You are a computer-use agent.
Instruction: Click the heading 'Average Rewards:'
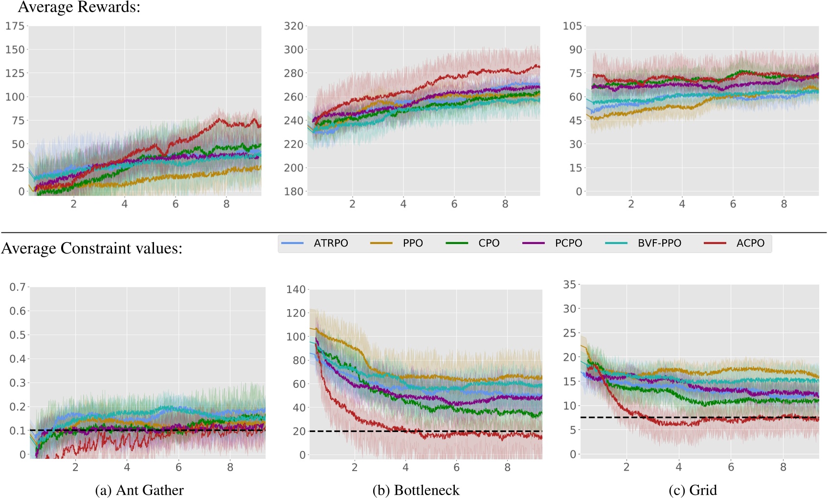(x=79, y=7)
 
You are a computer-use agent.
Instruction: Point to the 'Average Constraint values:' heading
(x=91, y=249)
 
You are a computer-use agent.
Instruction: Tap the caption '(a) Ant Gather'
(x=139, y=490)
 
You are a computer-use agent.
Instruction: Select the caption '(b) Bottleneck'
(x=416, y=490)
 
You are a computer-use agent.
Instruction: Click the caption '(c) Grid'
(x=693, y=490)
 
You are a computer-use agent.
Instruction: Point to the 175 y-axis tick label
(x=15, y=26)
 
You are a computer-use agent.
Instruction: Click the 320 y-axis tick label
(x=293, y=26)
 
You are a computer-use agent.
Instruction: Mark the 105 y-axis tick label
(x=572, y=26)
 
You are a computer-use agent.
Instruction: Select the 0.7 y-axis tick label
(x=18, y=287)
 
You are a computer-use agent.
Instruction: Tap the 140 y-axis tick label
(x=296, y=290)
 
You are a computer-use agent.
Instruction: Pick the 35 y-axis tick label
(x=569, y=285)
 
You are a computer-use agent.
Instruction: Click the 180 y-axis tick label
(x=293, y=192)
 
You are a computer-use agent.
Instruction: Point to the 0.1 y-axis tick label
(x=18, y=431)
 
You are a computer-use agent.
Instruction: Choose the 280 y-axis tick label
(x=293, y=73)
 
